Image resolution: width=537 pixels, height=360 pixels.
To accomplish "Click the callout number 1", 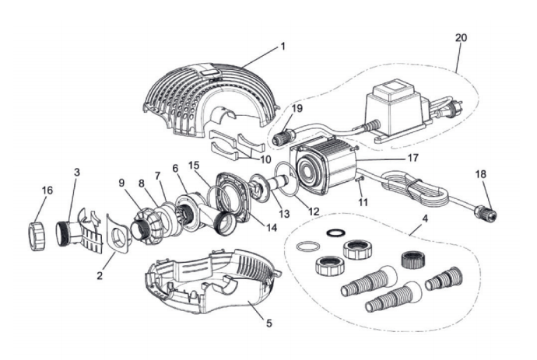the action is [283, 46].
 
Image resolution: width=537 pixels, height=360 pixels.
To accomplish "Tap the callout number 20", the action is [461, 37].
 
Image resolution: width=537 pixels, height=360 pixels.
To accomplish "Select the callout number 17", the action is [413, 158].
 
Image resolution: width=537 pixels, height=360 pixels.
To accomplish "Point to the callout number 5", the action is [269, 323].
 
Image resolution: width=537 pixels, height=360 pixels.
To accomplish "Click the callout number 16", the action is [47, 190].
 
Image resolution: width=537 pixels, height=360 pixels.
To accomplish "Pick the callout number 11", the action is [363, 202].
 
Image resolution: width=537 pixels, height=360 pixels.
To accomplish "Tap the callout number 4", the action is [425, 218].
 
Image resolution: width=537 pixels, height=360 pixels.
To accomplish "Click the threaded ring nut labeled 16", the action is [37, 236].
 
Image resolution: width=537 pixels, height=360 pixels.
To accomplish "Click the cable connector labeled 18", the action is [486, 211].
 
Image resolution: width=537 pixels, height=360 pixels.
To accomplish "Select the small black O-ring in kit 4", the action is [335, 232].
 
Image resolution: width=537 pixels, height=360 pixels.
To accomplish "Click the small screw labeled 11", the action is [359, 180].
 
